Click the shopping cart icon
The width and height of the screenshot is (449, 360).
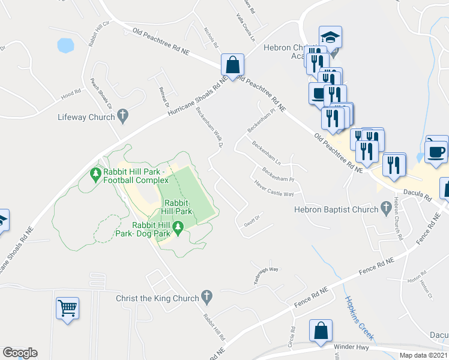tap(68, 308)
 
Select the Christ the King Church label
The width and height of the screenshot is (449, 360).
tap(157, 298)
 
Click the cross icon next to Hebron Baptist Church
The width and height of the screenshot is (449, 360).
tap(387, 208)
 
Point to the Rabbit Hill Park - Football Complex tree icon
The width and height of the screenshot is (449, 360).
tap(94, 174)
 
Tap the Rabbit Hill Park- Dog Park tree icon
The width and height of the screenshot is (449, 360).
tap(178, 227)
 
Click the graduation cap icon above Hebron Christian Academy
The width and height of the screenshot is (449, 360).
tap(330, 37)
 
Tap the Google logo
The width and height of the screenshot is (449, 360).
tap(20, 353)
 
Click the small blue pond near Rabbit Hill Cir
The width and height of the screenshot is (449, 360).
tap(65, 45)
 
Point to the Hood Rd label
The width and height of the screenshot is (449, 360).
tap(70, 94)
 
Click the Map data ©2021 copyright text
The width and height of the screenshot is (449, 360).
tap(423, 355)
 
